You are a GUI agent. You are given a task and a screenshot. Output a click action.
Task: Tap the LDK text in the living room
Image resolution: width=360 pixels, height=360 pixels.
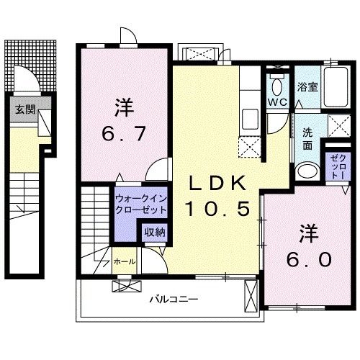218,185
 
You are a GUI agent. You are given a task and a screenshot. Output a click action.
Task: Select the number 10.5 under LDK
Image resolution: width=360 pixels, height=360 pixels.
218,209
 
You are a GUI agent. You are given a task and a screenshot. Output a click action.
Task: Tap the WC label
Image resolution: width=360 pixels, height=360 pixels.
277,102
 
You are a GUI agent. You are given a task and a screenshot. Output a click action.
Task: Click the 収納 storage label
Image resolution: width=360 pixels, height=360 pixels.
153,232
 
